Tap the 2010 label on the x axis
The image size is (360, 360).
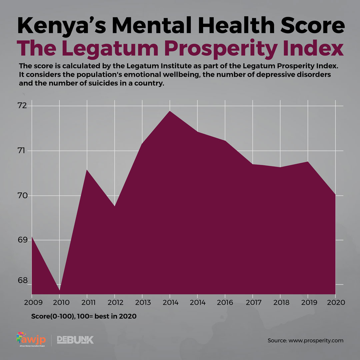pos(59,303)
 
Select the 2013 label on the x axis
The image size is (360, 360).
pos(142,303)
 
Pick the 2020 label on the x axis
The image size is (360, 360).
pos(335,303)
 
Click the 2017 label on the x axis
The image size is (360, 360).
pos(252,303)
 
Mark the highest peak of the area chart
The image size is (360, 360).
pos(170,111)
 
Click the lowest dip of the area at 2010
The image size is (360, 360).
pos(59,290)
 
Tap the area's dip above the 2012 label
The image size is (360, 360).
pos(115,206)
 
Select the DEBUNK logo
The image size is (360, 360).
pos(75,340)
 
